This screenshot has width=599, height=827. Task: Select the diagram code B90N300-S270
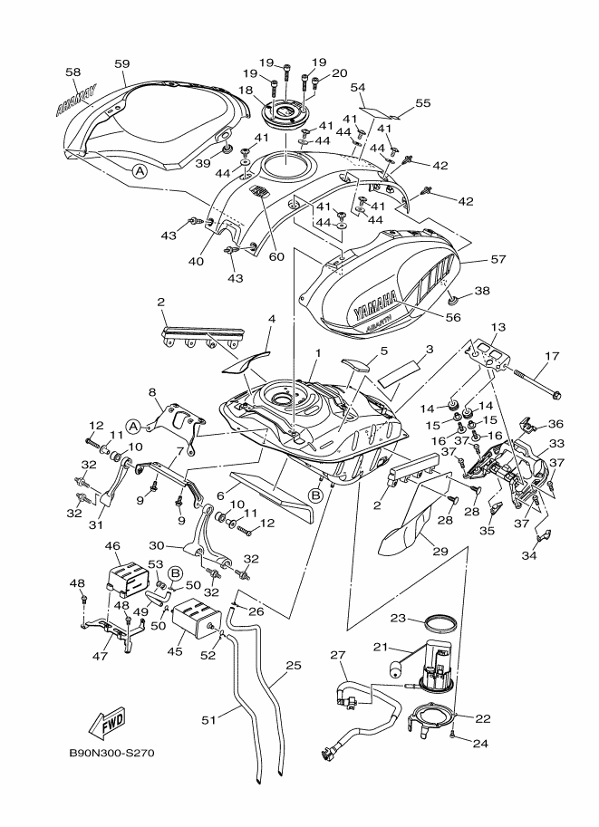[x=112, y=754]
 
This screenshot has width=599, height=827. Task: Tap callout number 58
[x=73, y=71]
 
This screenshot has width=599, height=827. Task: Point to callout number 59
[x=122, y=63]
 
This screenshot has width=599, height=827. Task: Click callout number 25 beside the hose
[x=293, y=665]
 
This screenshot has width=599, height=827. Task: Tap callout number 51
[x=208, y=720]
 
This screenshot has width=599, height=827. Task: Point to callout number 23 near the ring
[x=397, y=620]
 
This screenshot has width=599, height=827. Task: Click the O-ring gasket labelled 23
[x=440, y=623]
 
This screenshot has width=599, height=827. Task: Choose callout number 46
[x=113, y=546]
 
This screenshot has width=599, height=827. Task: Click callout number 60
[x=276, y=256]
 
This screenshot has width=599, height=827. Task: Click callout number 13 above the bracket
[x=497, y=326]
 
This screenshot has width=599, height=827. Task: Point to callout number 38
[x=481, y=292]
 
